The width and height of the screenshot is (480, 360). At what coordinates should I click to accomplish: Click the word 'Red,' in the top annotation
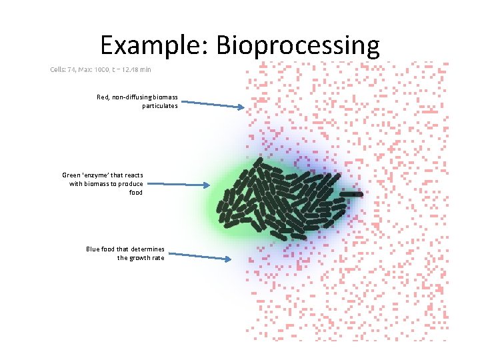click(103, 97)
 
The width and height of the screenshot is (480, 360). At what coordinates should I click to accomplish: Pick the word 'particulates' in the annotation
click(160, 106)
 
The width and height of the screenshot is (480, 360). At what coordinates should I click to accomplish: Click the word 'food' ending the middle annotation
click(136, 192)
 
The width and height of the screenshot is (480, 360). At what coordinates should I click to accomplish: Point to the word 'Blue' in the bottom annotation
click(93, 249)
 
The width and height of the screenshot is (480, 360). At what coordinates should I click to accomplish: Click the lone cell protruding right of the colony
click(351, 194)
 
